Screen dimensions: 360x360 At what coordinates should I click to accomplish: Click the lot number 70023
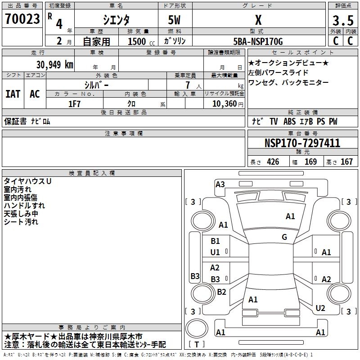point(22,19)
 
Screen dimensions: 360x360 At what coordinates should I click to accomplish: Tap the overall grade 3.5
point(343,20)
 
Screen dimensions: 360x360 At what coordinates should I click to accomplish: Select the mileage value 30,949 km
point(54,65)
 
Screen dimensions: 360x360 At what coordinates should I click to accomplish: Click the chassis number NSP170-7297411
point(302,143)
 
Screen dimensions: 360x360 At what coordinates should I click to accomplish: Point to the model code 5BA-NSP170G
point(258,41)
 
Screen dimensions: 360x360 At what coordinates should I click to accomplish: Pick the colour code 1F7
point(74,104)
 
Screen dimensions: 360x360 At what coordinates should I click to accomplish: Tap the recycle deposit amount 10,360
point(225,104)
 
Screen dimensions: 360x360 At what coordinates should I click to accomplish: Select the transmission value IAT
point(13,94)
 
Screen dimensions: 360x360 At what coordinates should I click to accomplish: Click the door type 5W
point(174,20)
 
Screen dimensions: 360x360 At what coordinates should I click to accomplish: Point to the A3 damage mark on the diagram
point(220,184)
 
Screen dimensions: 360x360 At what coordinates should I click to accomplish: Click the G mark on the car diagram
point(284,237)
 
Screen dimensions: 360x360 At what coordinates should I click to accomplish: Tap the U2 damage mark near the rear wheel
point(320,308)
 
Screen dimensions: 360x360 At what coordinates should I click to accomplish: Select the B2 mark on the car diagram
point(221,292)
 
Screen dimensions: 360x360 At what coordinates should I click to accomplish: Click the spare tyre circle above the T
point(197,328)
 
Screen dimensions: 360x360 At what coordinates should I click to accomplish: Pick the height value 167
point(346,162)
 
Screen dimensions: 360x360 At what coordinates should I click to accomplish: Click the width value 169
point(310,162)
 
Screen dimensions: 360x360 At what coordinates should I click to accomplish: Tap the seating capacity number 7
point(188,85)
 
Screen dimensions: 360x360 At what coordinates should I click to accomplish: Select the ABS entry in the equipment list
point(289,121)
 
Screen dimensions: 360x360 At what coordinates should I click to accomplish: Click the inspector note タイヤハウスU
point(27,181)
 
